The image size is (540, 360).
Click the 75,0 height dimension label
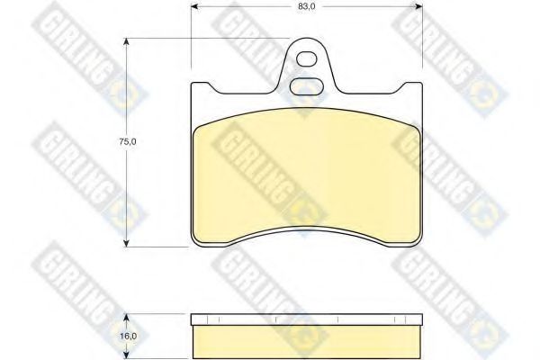[x=128, y=141]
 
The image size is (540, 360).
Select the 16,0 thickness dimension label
[x=129, y=336]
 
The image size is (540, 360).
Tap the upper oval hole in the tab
[x=307, y=59]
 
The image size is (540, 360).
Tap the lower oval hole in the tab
[x=306, y=86]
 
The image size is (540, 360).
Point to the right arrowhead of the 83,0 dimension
[x=418, y=6]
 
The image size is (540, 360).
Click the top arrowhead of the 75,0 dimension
[x=127, y=42]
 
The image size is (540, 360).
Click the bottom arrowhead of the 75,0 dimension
[x=127, y=242]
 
